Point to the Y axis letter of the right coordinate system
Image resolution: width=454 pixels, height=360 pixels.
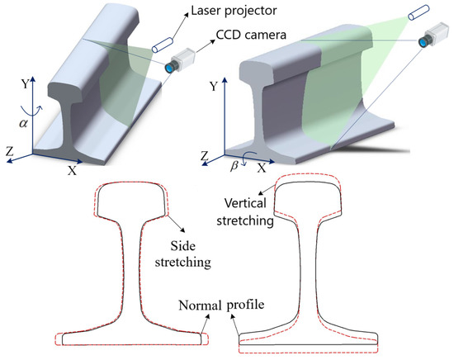215,86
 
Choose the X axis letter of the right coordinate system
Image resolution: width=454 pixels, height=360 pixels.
262,168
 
